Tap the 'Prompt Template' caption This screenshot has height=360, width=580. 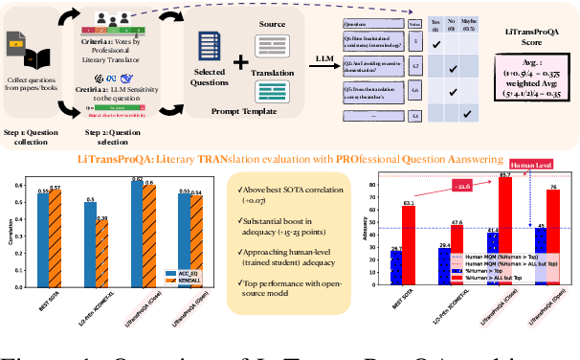235,111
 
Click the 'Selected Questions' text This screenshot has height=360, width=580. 210,75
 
